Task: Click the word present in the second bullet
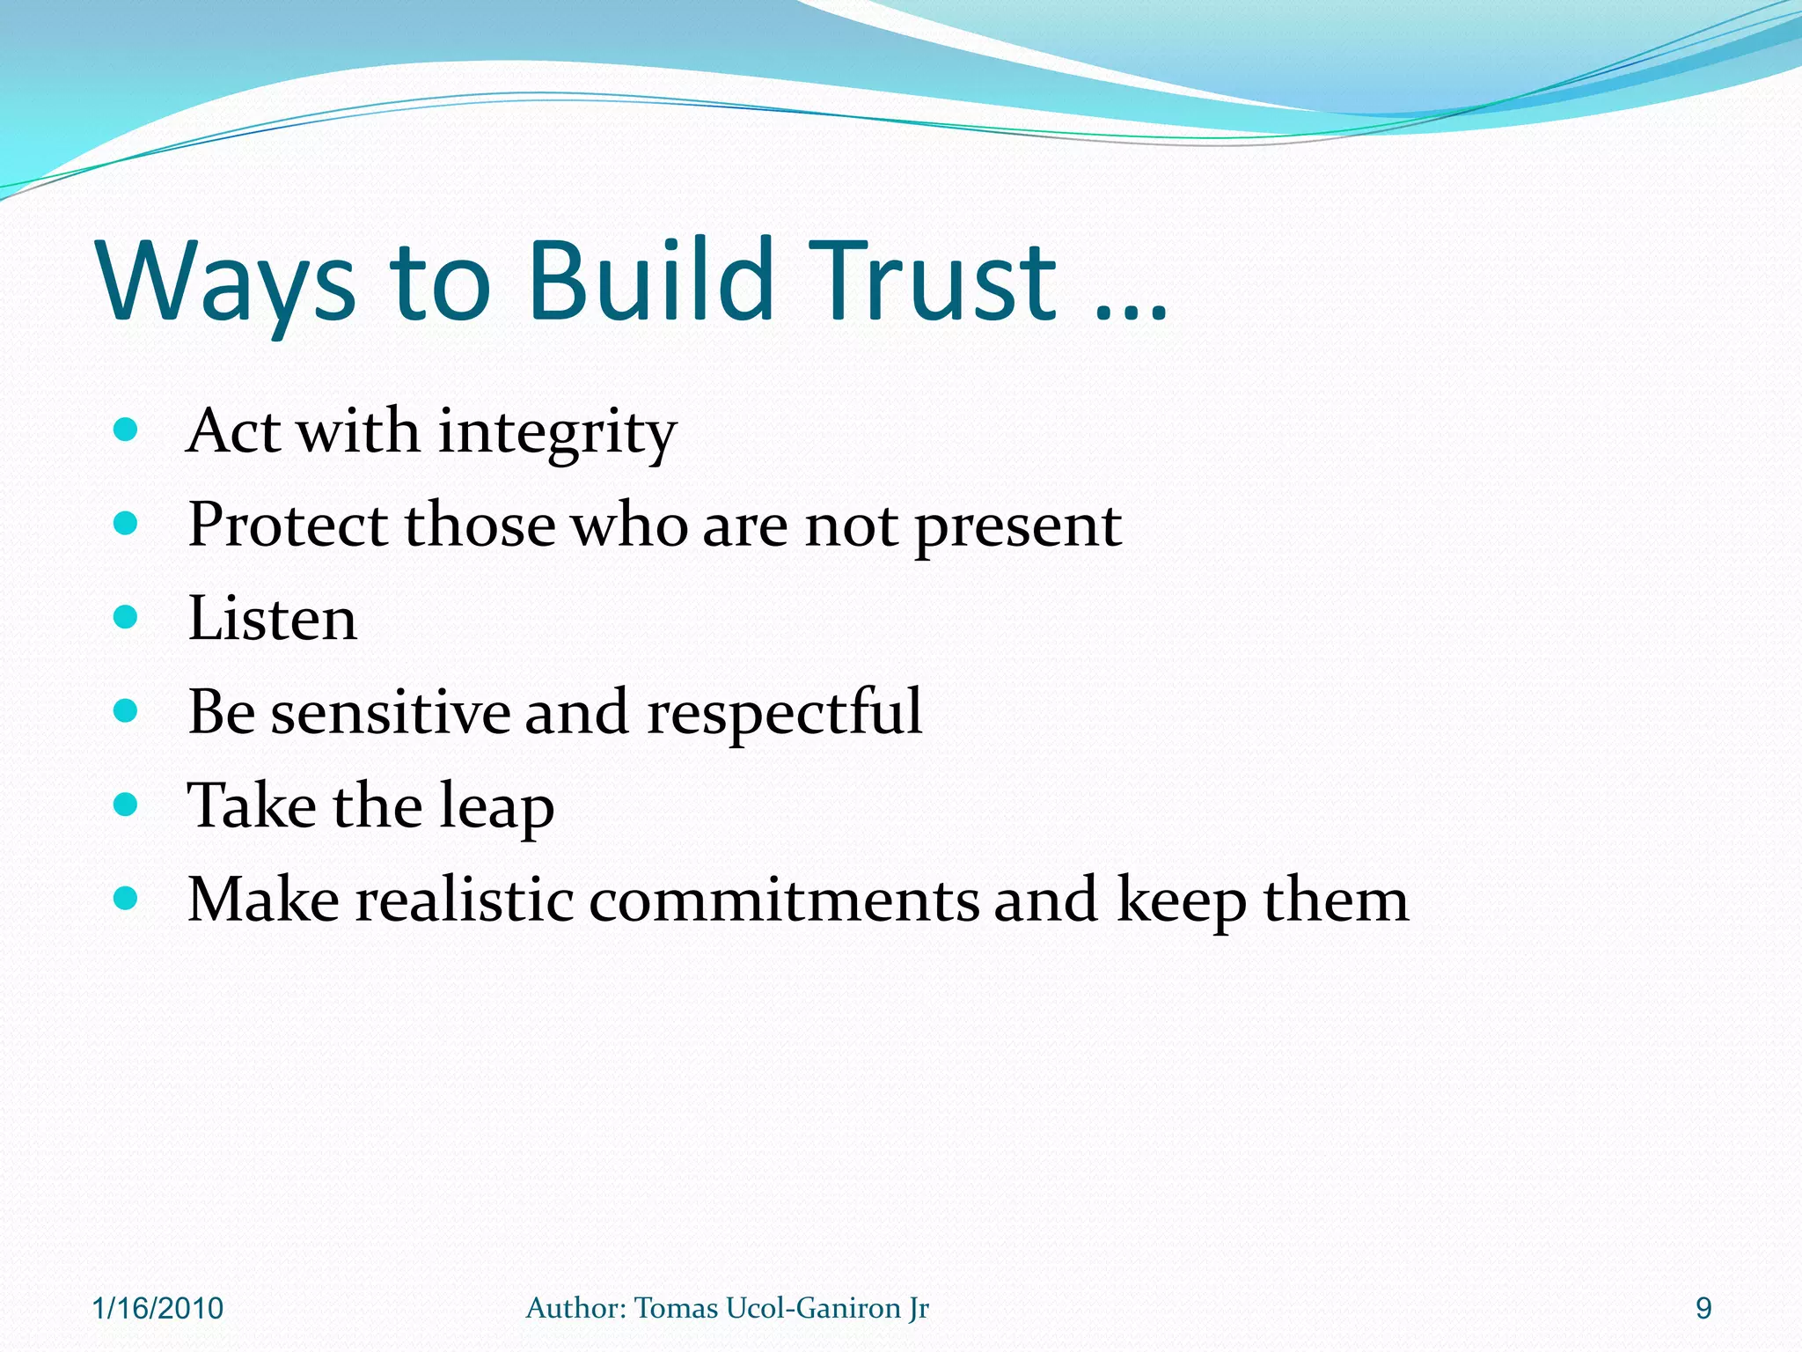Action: tap(1018, 528)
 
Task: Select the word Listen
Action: tap(273, 618)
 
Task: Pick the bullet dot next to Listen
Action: tap(126, 617)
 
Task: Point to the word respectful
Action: tap(784, 713)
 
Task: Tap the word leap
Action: tap(496, 808)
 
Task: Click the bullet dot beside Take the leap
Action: tap(126, 805)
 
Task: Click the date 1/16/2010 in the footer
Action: tap(157, 1309)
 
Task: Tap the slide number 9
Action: tap(1703, 1309)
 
